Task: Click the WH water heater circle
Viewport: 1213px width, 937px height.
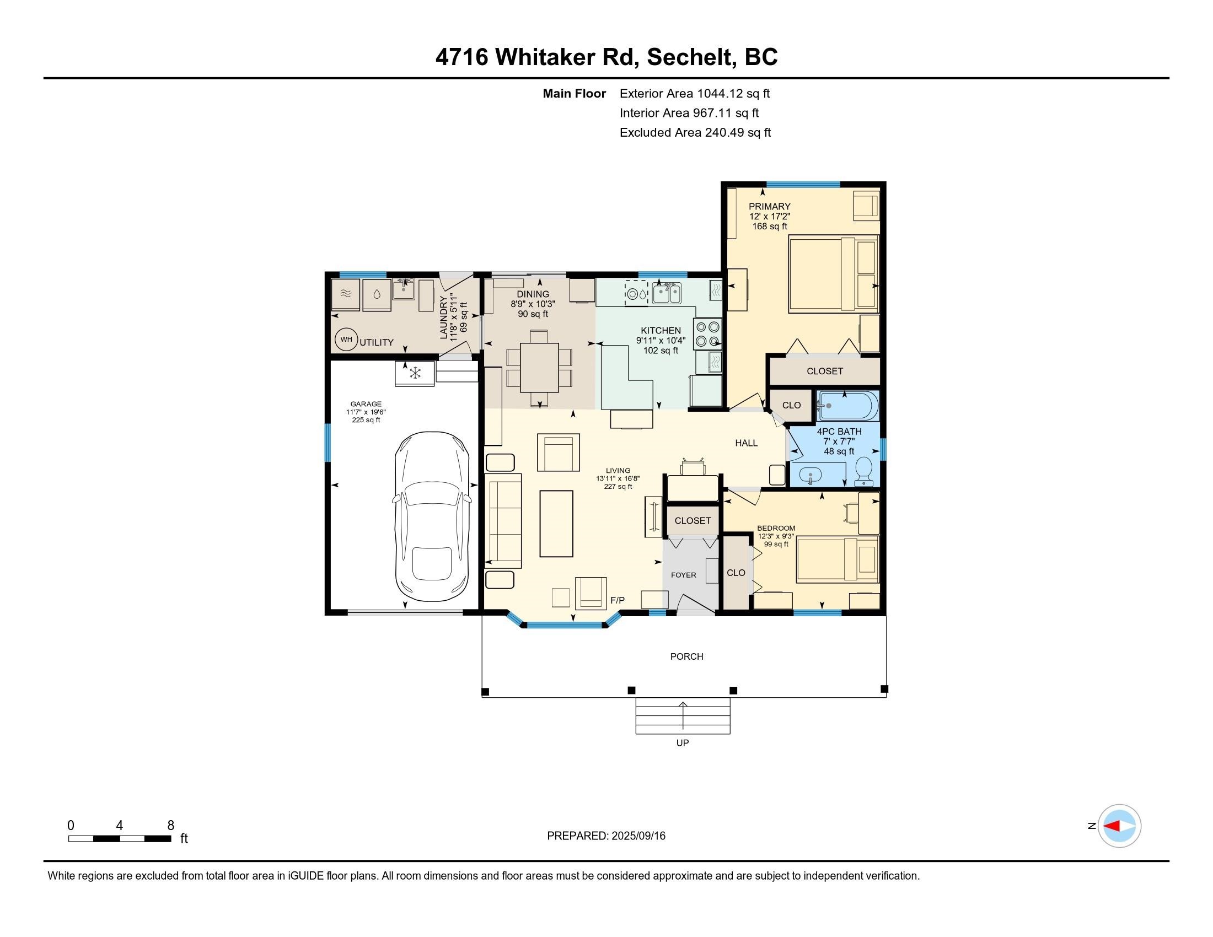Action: click(x=346, y=339)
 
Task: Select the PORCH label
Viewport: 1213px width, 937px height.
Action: click(x=686, y=656)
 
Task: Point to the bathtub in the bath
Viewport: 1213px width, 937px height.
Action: click(x=847, y=406)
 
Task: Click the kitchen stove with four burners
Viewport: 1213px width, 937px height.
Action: click(x=707, y=334)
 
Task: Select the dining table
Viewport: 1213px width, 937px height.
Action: click(x=539, y=368)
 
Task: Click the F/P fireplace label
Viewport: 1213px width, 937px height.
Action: click(x=618, y=600)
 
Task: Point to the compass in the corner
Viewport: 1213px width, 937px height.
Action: click(x=1119, y=826)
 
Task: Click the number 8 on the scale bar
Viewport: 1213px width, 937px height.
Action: click(x=170, y=825)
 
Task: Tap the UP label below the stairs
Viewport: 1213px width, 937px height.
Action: click(x=683, y=743)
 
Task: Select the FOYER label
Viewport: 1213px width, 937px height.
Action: click(x=683, y=575)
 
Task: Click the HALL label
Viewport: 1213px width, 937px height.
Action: click(x=747, y=443)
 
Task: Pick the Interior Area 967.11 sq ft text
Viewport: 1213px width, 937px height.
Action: click(x=689, y=113)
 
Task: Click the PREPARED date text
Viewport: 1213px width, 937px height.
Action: click(x=606, y=836)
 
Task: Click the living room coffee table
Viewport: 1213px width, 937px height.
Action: click(x=556, y=524)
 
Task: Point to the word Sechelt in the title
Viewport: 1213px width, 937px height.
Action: click(x=689, y=57)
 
